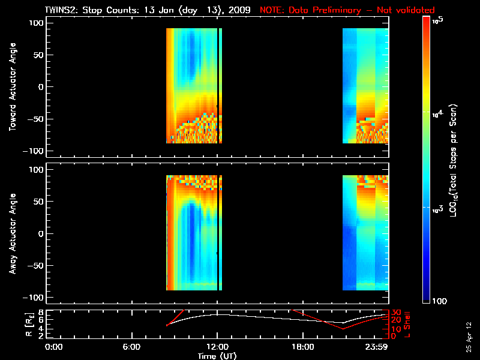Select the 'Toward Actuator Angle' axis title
click(x=12, y=88)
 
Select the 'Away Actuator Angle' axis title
click(x=12, y=234)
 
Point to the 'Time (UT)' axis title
click(x=218, y=356)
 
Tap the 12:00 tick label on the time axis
click(x=217, y=347)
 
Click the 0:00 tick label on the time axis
click(x=54, y=347)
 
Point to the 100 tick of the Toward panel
click(x=37, y=23)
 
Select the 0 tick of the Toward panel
click(x=41, y=87)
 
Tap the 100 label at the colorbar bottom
click(x=440, y=301)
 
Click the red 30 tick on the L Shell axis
click(x=395, y=313)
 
